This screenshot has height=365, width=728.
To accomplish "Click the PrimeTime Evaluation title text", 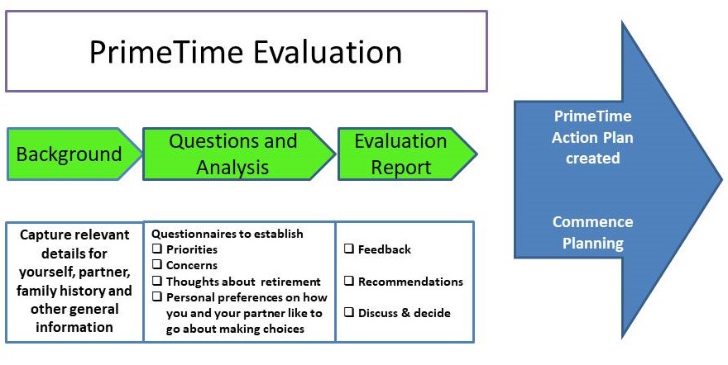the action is tap(246, 51).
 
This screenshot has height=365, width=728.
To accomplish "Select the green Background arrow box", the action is tap(74, 154).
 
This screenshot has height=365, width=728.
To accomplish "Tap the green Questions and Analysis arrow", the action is tap(238, 154).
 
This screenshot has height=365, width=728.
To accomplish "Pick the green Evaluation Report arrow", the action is tap(407, 154).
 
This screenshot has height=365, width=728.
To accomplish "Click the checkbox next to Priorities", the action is tap(157, 249).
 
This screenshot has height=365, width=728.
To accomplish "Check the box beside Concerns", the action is tap(157, 264).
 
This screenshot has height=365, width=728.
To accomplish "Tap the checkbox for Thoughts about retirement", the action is tap(157, 281).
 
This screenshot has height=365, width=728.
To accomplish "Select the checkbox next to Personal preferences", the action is tap(157, 296).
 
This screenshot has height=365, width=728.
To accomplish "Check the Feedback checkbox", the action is tap(348, 249).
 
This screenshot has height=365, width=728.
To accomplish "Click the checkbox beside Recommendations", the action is tap(348, 281).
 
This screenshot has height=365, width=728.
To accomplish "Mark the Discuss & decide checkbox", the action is tap(348, 312).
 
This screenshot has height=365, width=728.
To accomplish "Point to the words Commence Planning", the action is tap(593, 232).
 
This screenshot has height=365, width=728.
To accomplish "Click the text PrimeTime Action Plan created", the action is tap(593, 137).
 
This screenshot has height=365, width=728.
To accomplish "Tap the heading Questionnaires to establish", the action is tap(227, 234).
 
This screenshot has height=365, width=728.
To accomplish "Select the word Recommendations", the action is tap(410, 282).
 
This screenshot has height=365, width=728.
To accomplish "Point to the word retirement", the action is tap(290, 282).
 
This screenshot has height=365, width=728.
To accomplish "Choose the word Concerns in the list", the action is tap(192, 265).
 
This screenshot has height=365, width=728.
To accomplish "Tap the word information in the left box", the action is tap(74, 327).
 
